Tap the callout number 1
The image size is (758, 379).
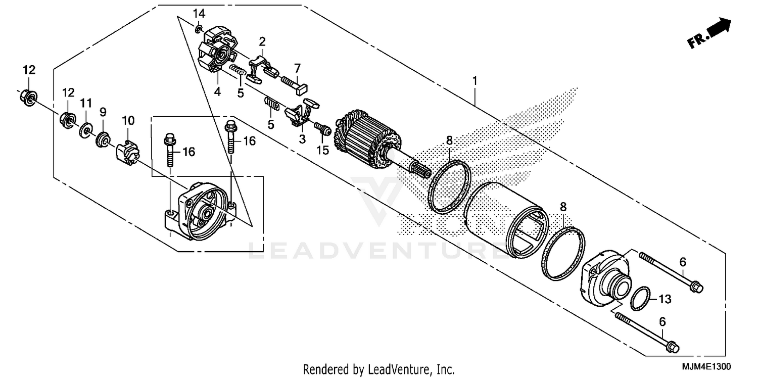[x=475, y=80]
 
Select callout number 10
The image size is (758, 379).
[x=128, y=120]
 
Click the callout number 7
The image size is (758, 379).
[x=297, y=68]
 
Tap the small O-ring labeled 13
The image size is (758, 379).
[x=640, y=298]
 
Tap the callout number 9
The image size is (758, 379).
[x=103, y=112]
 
